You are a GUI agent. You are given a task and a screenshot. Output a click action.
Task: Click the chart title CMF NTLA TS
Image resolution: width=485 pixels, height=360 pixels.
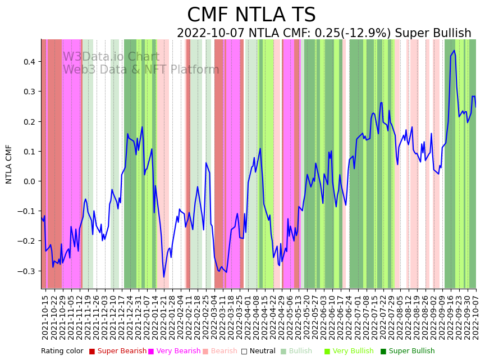click(251, 15)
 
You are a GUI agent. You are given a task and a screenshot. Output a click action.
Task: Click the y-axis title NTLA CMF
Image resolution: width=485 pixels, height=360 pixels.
click(9, 164)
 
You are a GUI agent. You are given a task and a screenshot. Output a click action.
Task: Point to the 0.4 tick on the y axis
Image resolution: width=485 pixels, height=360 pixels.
click(29, 61)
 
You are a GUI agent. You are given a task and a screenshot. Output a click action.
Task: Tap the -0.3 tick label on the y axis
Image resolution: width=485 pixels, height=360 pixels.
click(28, 271)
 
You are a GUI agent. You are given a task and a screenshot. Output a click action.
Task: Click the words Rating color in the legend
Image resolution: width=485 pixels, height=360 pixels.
click(62, 352)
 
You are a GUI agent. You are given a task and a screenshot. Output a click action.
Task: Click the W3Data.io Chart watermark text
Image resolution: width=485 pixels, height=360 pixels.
click(111, 57)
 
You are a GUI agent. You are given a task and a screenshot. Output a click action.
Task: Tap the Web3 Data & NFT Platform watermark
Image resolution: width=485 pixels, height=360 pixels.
click(141, 70)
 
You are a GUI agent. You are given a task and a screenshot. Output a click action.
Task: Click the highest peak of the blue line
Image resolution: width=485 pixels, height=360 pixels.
click(454, 51)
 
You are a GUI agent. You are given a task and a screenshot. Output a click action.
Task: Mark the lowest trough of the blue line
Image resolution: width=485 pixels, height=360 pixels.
click(164, 277)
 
